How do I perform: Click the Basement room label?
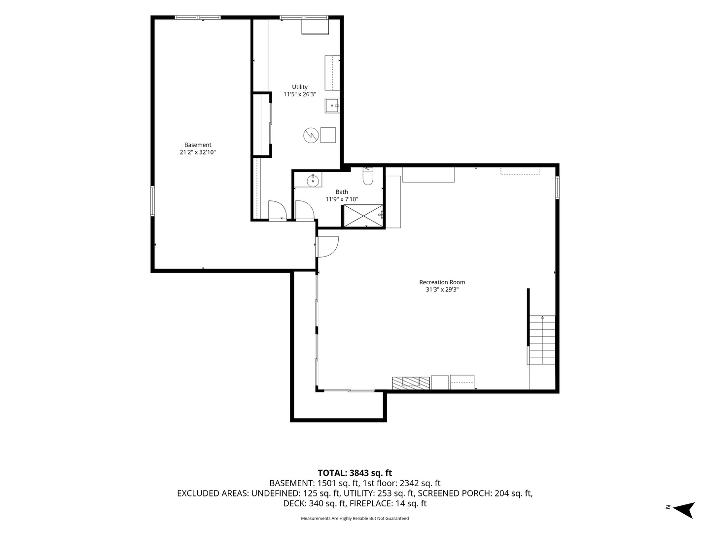point(198,145)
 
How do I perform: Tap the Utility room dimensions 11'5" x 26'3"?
point(299,94)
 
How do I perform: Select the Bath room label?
point(342,192)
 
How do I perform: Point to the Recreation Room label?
point(442,282)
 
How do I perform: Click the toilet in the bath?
point(368,176)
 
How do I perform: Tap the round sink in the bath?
point(313,181)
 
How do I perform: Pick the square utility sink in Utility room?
point(332,106)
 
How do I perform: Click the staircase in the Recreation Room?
point(542,340)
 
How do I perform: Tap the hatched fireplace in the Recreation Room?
point(411,383)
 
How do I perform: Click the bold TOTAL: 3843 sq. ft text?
point(355,473)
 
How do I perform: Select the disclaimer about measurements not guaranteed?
point(355,518)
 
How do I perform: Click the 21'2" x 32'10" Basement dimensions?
point(198,152)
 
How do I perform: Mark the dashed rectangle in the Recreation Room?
point(520,171)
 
